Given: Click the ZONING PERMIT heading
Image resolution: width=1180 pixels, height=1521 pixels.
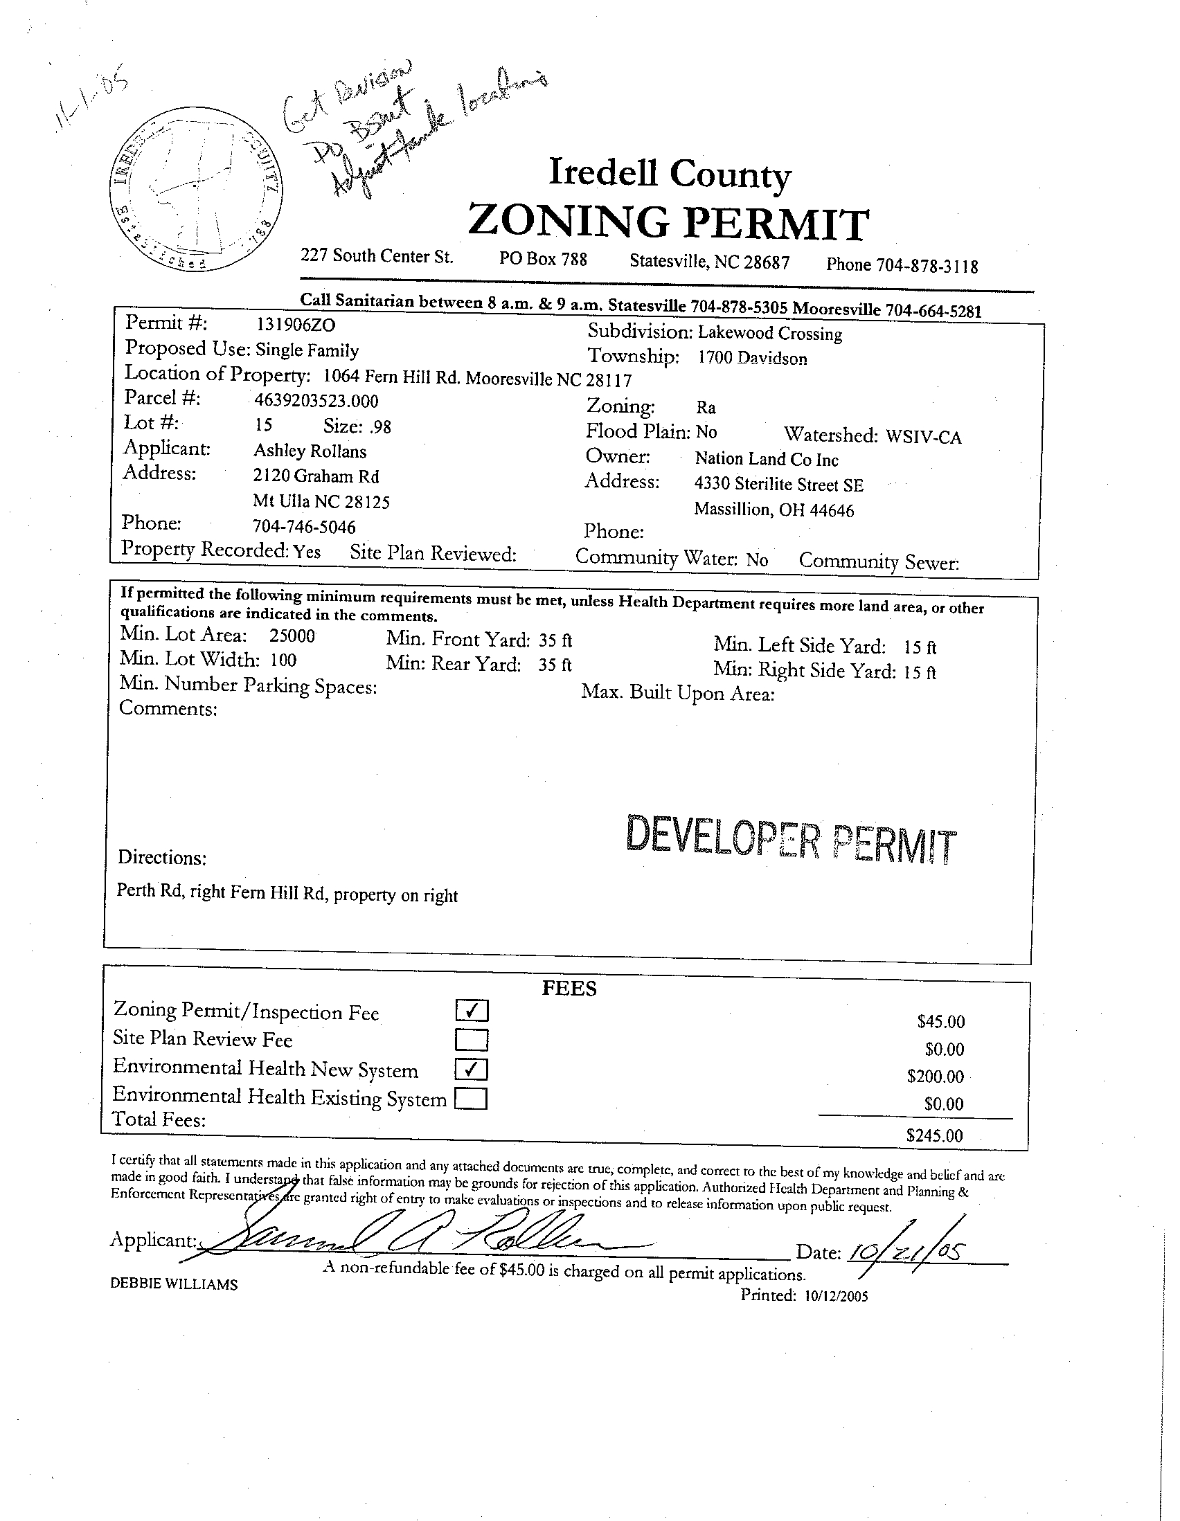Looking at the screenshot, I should click(668, 222).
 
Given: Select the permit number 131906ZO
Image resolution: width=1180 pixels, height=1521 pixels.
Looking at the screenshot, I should click(296, 324).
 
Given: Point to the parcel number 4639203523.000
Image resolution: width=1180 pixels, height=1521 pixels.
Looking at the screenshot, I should click(317, 400).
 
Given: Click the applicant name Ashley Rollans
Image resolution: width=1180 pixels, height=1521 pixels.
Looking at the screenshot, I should click(310, 451).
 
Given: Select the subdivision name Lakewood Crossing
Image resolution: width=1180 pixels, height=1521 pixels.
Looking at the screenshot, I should click(770, 334).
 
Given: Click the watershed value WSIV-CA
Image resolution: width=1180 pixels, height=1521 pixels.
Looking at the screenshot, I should click(924, 438).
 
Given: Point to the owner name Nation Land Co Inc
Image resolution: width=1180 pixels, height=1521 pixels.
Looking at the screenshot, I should click(766, 459).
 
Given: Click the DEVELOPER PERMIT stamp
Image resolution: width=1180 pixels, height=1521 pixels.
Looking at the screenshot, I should click(792, 841).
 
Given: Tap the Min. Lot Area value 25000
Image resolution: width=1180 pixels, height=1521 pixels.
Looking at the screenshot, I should click(292, 636).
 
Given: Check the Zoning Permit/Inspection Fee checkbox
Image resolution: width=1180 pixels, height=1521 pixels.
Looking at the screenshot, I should click(472, 1011).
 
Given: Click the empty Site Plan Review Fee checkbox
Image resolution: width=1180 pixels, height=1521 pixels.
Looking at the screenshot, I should click(472, 1040).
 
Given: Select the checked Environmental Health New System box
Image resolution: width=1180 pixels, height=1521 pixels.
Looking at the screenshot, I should click(472, 1069).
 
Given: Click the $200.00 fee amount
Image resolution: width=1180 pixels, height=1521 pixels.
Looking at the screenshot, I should click(935, 1077).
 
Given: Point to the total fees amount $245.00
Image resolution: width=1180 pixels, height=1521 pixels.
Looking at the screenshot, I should click(934, 1136).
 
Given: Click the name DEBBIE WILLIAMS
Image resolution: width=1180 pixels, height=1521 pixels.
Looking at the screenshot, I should click(174, 1285).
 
